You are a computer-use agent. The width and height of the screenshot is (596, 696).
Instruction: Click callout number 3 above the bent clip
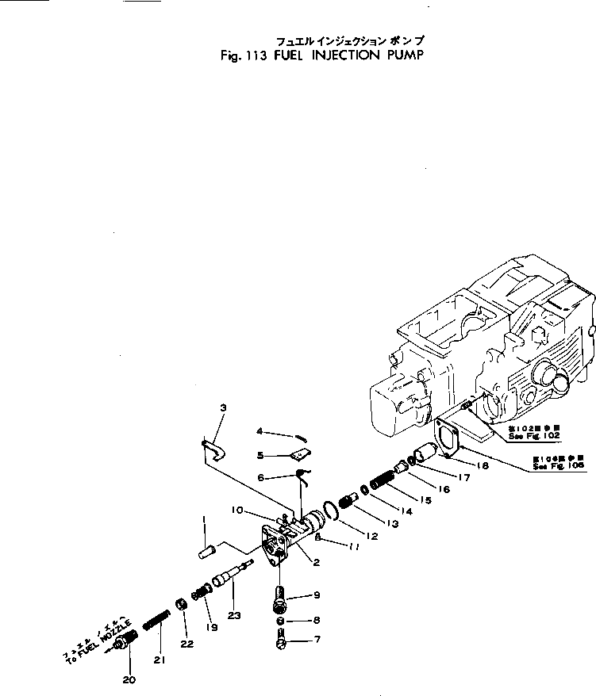coord(223,408)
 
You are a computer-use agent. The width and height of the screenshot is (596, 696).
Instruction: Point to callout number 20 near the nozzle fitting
coord(129,678)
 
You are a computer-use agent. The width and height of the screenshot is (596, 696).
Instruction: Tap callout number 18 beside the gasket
coord(482,465)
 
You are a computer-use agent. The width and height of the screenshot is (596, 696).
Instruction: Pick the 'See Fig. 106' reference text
coord(560,467)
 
